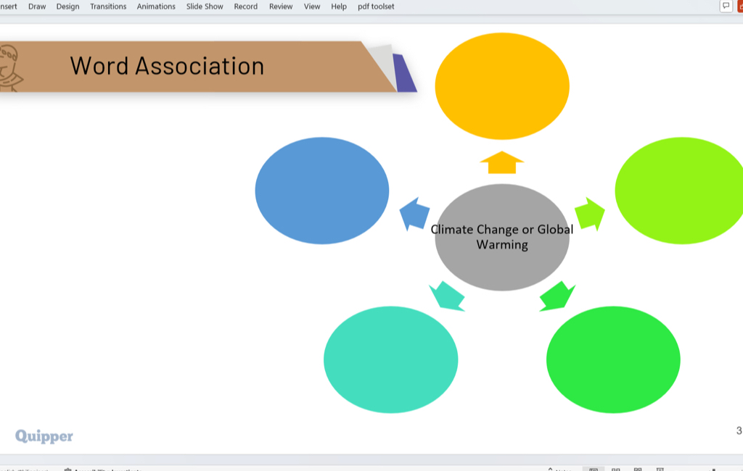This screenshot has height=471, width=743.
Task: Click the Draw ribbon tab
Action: [37, 7]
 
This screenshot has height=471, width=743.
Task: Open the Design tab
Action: [67, 7]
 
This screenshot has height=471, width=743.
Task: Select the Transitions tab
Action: [108, 7]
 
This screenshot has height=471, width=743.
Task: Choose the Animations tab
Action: [156, 7]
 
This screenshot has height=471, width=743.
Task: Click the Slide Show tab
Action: [205, 7]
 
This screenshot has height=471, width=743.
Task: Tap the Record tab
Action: [245, 7]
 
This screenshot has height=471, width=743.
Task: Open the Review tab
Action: [281, 7]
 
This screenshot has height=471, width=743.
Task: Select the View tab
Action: [312, 7]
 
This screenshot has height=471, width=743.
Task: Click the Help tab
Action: [339, 7]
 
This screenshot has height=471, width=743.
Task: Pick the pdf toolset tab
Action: [376, 7]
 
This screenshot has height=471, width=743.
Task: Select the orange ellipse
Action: [501, 86]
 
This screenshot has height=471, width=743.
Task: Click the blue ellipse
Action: [322, 191]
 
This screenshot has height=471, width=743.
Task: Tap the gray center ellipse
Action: [501, 264]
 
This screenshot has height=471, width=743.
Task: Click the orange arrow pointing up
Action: [501, 163]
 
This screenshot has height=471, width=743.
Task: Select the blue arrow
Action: [415, 214]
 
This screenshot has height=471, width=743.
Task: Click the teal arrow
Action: [447, 296]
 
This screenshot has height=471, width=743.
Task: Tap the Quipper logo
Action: [44, 435]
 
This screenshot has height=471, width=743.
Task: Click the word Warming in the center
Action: [502, 245]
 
